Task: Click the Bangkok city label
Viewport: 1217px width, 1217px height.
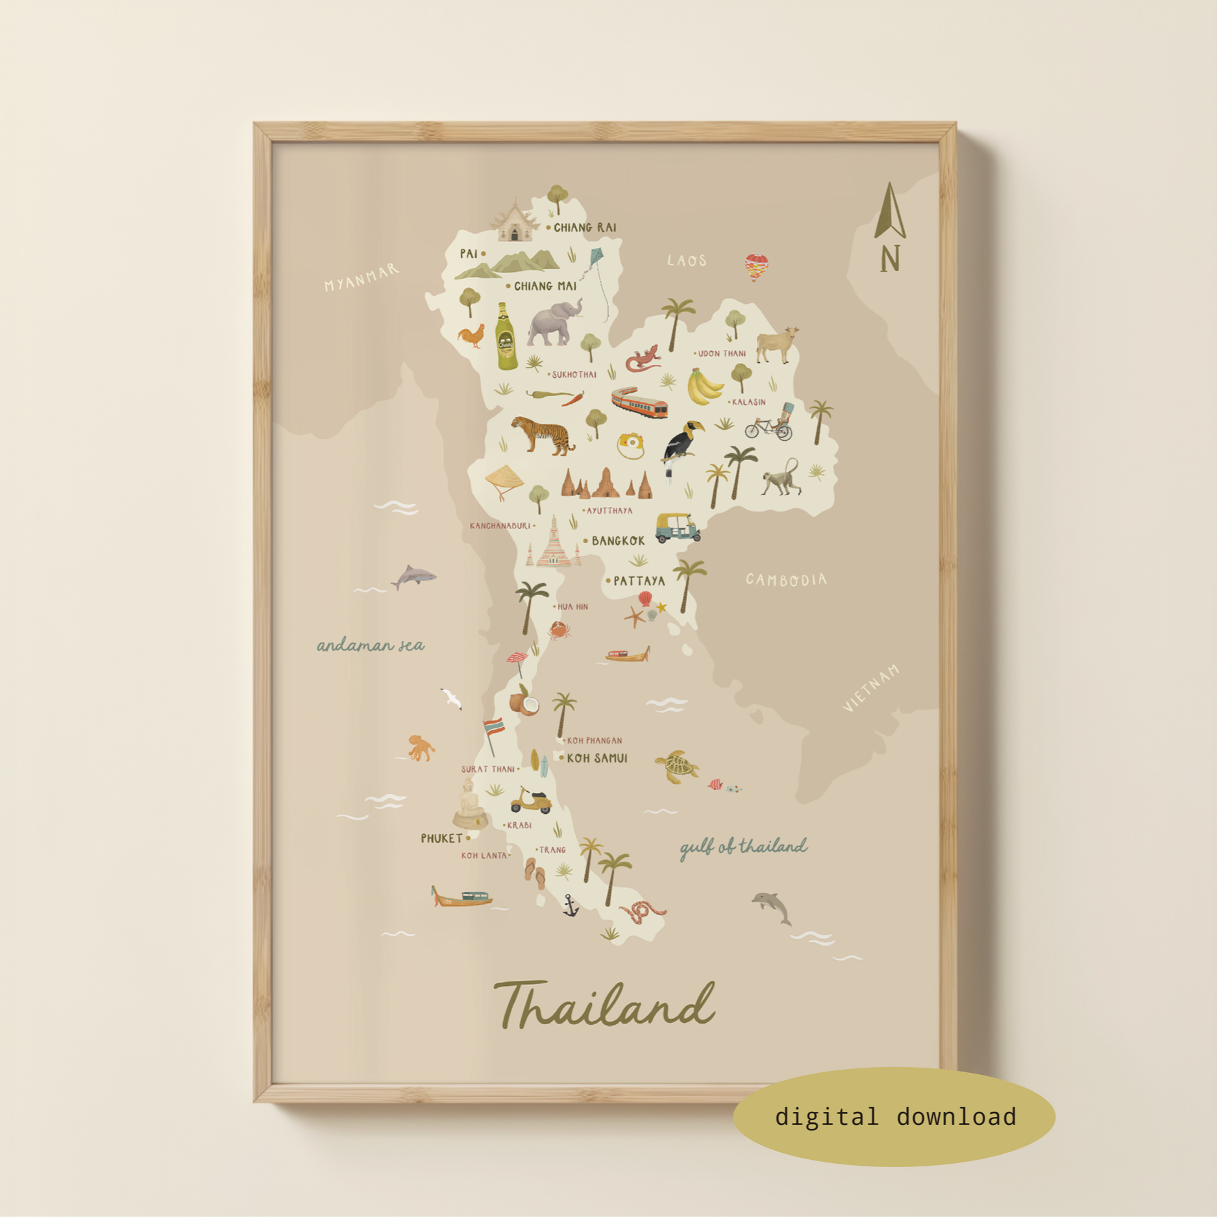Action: pos(617,541)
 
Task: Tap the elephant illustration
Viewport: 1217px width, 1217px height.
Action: pos(552,323)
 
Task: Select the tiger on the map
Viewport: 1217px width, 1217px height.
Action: pos(543,434)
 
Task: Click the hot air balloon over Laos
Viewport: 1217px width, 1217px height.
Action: pos(756,267)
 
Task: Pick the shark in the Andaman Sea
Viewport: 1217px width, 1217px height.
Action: pos(413,576)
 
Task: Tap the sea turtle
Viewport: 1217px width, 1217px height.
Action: pos(676,767)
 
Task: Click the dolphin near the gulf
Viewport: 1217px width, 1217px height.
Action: pos(772,906)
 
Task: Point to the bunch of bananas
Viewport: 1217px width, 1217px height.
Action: pos(704,386)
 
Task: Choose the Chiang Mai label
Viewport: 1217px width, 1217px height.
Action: pos(545,286)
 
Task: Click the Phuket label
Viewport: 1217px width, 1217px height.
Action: pos(441,839)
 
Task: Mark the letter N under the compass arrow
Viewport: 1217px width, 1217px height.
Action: pos(890,258)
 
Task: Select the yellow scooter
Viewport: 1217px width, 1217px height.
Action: pos(531,801)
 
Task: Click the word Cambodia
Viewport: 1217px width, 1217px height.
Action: pos(786,580)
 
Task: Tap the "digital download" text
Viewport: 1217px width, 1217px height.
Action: pos(895,1117)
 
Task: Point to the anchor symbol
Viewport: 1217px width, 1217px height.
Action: pos(571,905)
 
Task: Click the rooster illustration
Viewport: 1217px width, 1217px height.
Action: pos(472,336)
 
